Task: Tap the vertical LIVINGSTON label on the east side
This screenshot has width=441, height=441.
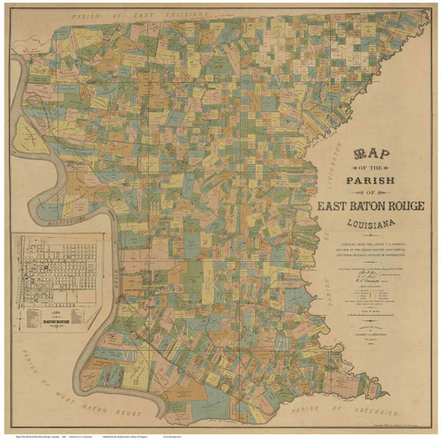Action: [x=342, y=168]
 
